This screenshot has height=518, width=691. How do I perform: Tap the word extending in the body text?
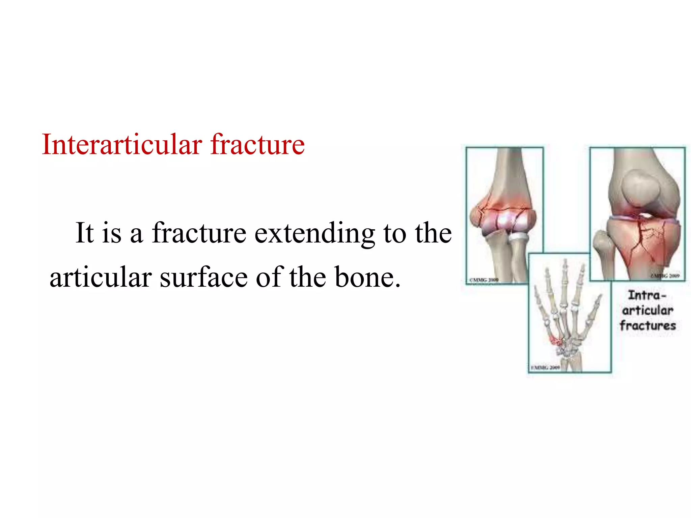click(314, 233)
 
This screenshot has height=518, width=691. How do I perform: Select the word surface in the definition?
click(203, 277)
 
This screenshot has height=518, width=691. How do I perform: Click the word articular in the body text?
click(101, 277)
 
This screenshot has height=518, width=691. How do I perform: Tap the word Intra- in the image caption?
click(647, 295)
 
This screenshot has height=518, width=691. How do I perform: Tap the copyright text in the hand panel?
click(546, 368)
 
